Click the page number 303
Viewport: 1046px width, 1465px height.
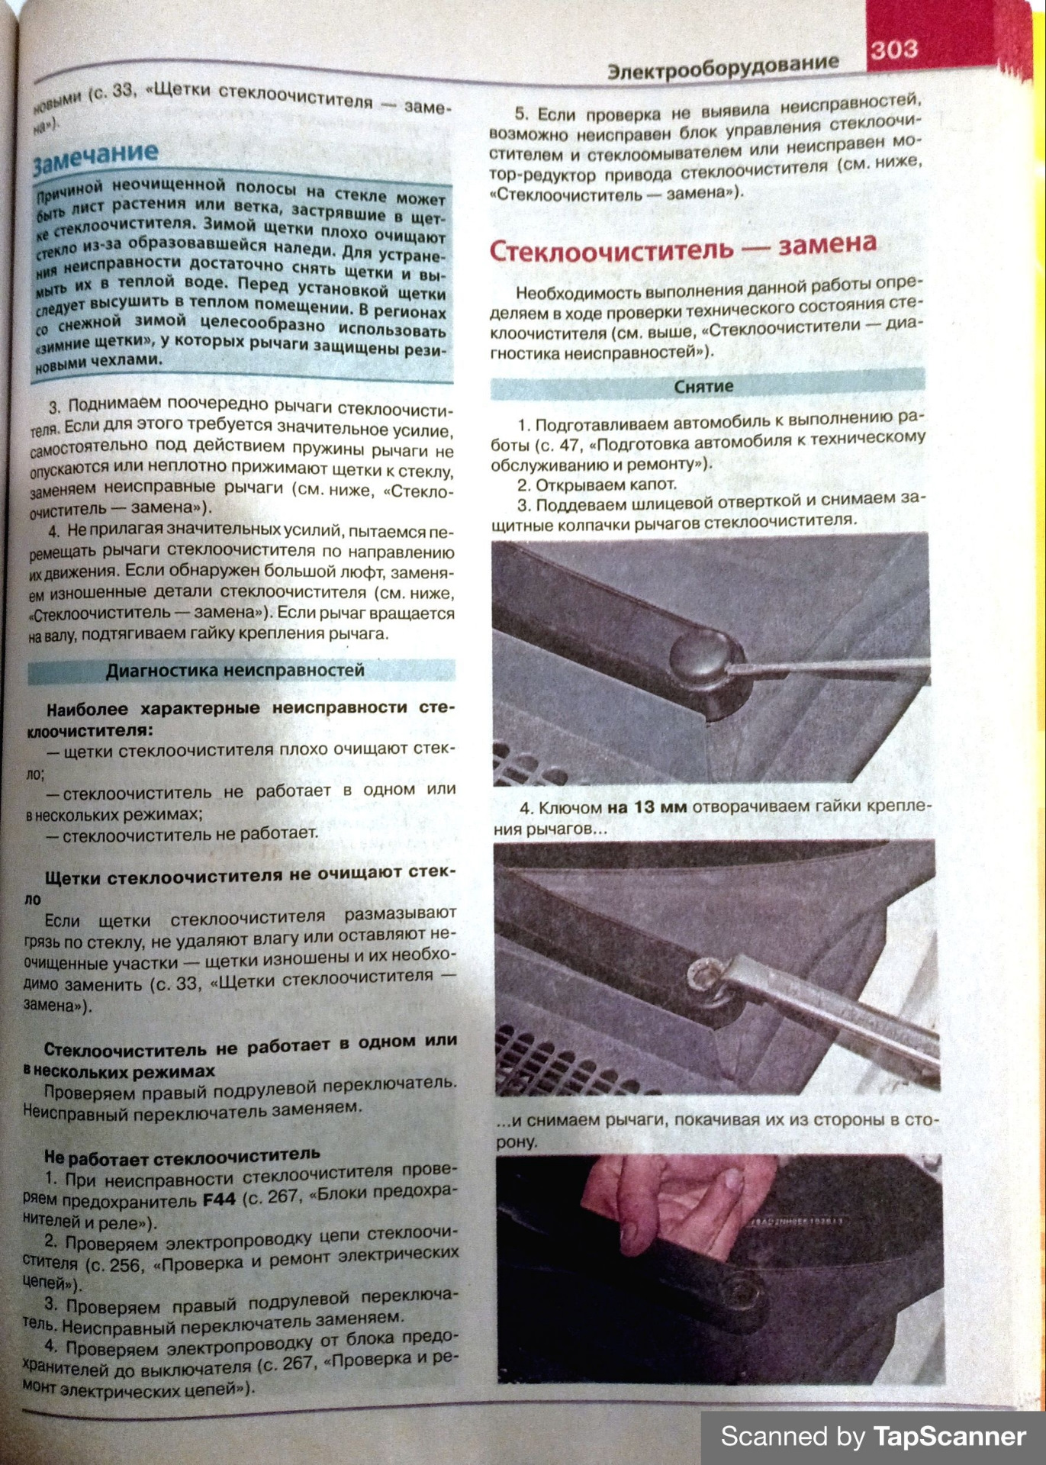click(893, 50)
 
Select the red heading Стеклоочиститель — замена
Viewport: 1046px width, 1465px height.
click(682, 247)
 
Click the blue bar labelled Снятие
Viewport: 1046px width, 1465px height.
click(703, 386)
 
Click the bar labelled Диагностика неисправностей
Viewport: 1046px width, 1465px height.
click(235, 671)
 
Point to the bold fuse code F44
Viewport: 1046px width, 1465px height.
click(219, 1199)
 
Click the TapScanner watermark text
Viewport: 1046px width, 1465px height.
click(873, 1436)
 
